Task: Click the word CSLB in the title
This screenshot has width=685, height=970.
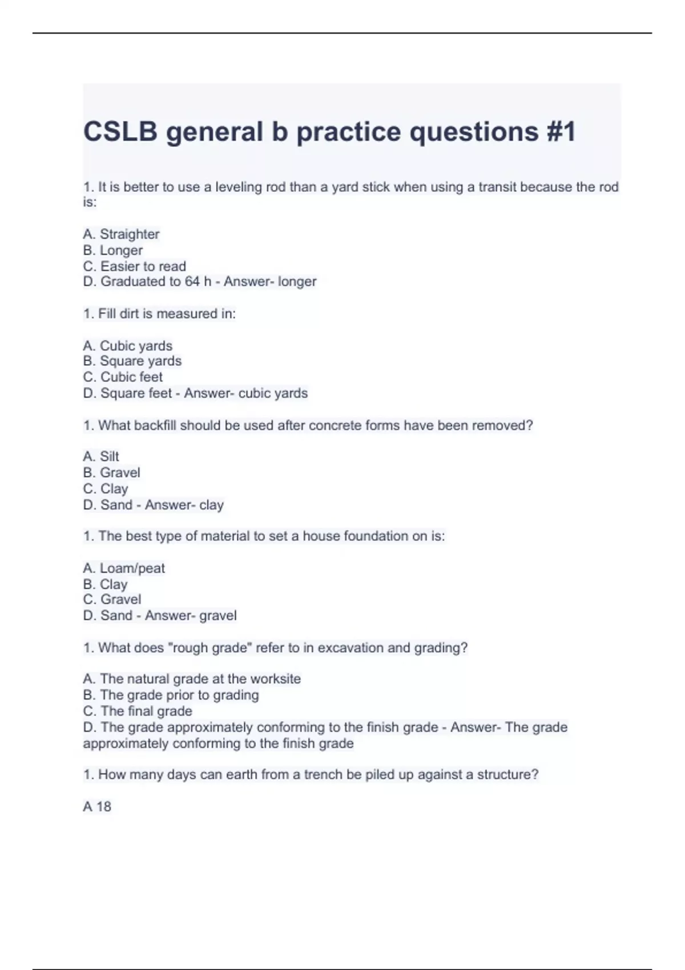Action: pos(120,132)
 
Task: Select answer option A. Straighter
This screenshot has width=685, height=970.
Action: pos(121,234)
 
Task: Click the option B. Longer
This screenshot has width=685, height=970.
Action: pos(113,250)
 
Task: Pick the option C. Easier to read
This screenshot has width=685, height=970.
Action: pos(135,266)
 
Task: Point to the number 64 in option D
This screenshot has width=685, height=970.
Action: pos(192,281)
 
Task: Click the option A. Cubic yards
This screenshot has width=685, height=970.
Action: pos(127,346)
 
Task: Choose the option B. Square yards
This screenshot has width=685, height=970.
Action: pos(132,361)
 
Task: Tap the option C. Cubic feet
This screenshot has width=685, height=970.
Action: pos(123,377)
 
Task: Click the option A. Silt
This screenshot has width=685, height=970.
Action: pos(101,456)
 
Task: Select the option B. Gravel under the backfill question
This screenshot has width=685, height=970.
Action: pos(111,472)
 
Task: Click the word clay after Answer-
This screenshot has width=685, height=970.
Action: pos(211,505)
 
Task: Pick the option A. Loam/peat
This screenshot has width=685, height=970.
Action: pos(124,568)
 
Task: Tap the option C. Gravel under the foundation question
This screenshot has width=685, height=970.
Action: pos(112,599)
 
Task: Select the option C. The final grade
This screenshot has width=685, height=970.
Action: pos(138,711)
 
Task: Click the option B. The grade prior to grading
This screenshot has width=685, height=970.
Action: pos(171,695)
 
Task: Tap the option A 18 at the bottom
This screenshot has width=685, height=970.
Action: pos(97,806)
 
